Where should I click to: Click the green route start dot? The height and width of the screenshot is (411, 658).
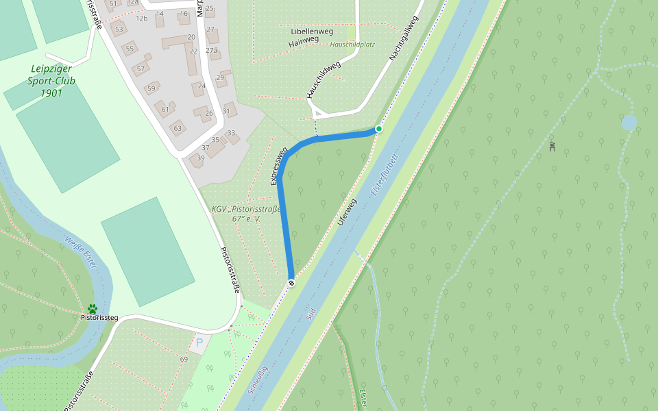click(x=378, y=129)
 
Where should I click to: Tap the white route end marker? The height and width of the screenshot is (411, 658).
click(x=291, y=283)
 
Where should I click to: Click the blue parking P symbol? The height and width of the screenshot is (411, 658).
click(x=199, y=342)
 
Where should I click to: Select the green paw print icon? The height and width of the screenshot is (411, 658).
click(x=92, y=309)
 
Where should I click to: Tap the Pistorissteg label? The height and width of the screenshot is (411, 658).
click(x=99, y=318)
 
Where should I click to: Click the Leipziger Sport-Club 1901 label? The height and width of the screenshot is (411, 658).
click(x=52, y=81)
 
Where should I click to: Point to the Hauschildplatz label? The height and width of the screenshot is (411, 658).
click(x=352, y=45)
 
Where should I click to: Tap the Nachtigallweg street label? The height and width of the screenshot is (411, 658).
click(x=403, y=38)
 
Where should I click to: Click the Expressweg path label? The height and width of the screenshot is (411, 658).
click(x=278, y=166)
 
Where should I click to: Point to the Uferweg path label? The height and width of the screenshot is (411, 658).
click(x=348, y=213)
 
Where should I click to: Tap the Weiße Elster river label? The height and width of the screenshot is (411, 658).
click(x=81, y=251)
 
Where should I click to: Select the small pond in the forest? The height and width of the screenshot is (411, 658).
click(x=629, y=123)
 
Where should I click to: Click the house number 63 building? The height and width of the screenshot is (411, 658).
click(x=178, y=127)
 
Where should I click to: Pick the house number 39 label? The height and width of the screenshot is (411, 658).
click(x=201, y=158)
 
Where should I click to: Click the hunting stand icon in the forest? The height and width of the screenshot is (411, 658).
click(x=552, y=146)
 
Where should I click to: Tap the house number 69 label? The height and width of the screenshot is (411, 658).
click(x=184, y=360)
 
